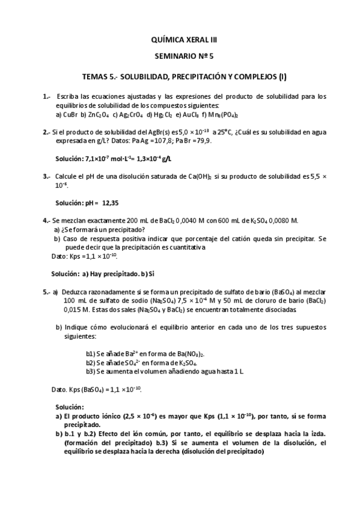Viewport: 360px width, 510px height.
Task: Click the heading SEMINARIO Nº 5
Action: pos(180,58)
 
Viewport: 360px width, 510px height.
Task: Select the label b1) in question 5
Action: pos(91,354)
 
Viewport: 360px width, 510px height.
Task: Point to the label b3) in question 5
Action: pos(91,371)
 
